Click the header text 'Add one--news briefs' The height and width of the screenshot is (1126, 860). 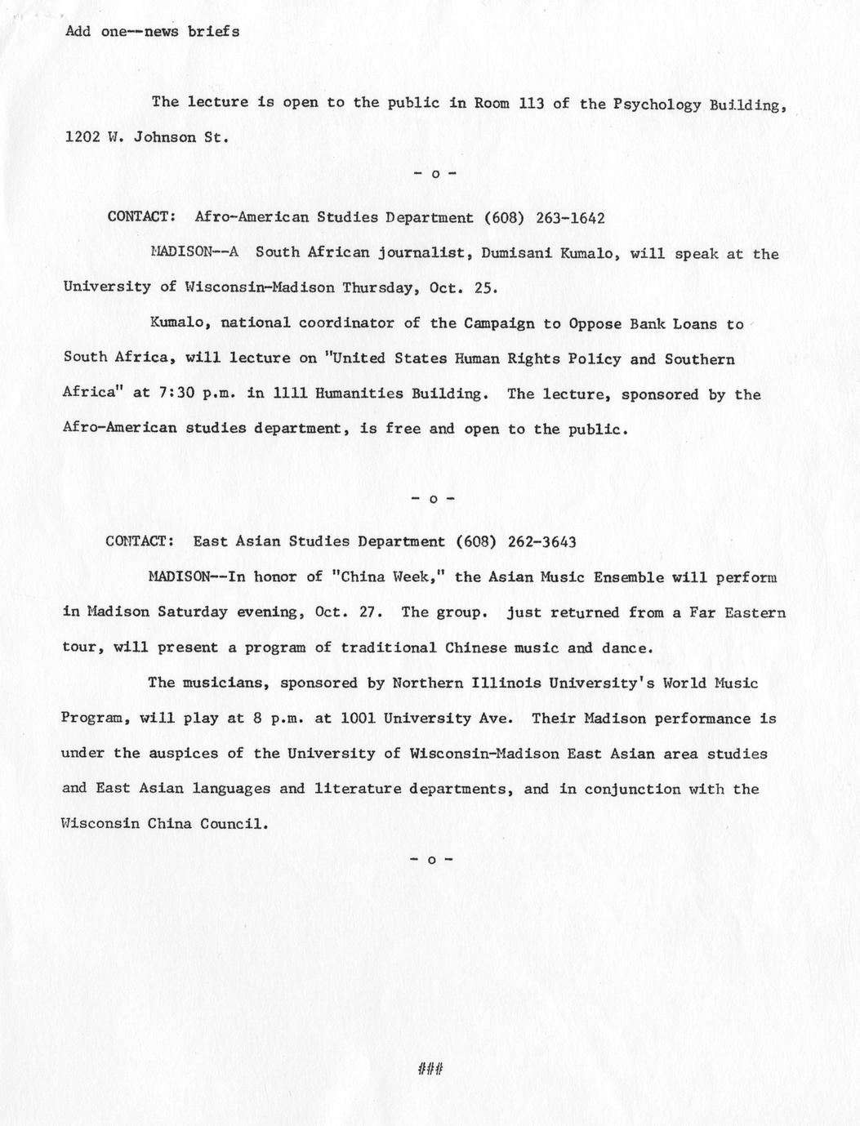click(x=152, y=32)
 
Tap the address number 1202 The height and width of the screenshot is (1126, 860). click(x=82, y=137)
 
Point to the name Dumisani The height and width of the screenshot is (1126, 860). click(x=516, y=254)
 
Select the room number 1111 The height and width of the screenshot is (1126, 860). click(x=290, y=394)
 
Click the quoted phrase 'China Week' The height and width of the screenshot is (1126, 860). click(x=385, y=577)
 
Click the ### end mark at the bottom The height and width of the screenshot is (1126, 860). click(x=430, y=1068)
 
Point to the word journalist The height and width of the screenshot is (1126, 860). click(x=426, y=254)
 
